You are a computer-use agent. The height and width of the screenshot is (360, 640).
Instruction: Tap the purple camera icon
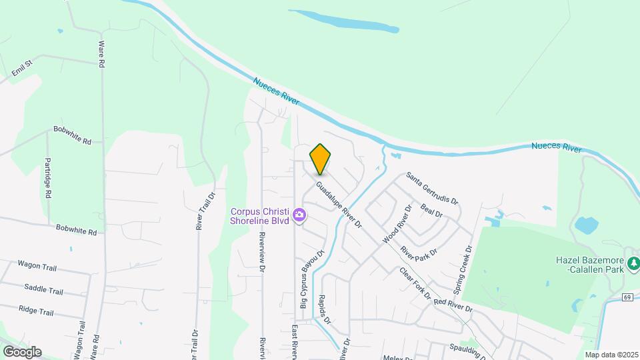click(300, 215)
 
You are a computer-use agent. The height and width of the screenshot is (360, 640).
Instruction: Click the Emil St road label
click(22, 68)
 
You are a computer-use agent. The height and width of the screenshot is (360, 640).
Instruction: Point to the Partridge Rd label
click(48, 179)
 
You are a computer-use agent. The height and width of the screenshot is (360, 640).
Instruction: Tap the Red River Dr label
click(453, 305)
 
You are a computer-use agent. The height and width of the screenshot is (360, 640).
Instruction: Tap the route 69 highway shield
click(627, 296)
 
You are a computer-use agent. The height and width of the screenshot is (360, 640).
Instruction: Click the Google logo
click(21, 352)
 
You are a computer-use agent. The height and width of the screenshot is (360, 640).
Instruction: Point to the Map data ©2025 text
click(611, 354)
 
